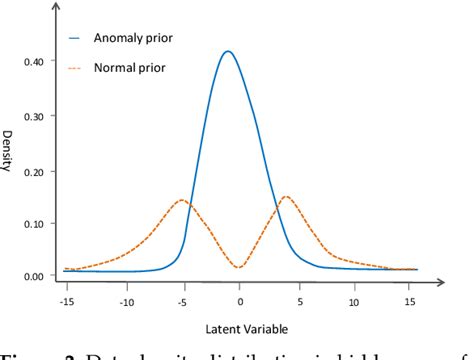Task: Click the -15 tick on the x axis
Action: pyautogui.click(x=66, y=300)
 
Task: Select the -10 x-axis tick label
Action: pyautogui.click(x=125, y=300)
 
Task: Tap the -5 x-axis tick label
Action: pyautogui.click(x=183, y=300)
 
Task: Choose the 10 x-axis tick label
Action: pyautogui.click(x=355, y=300)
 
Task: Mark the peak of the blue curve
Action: pyautogui.click(x=229, y=51)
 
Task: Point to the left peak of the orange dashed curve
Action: pyautogui.click(x=182, y=200)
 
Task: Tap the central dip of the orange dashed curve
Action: pyautogui.click(x=238, y=267)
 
